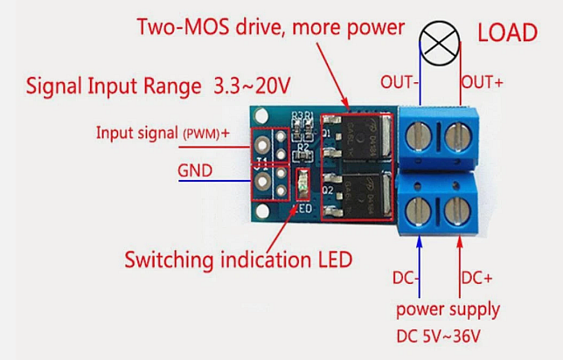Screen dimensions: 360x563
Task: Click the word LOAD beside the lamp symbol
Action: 507,33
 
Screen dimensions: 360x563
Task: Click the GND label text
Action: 194,170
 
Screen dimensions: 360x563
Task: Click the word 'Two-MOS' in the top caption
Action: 179,26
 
